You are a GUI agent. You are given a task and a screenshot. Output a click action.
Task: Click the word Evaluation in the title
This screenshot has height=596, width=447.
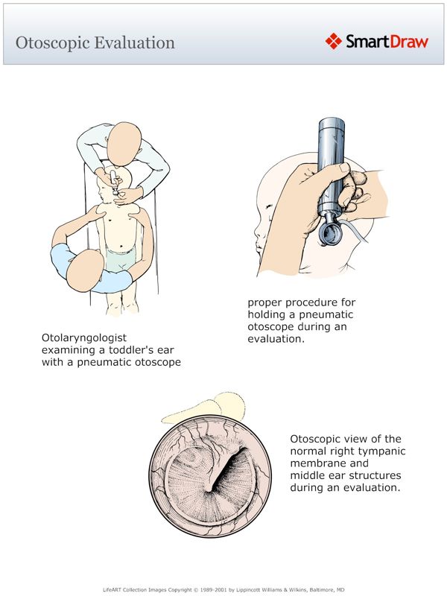click(135, 42)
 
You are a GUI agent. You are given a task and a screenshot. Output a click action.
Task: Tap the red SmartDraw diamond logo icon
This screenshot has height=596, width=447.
click(333, 41)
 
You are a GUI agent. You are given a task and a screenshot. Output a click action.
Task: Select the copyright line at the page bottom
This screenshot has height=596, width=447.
click(223, 589)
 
